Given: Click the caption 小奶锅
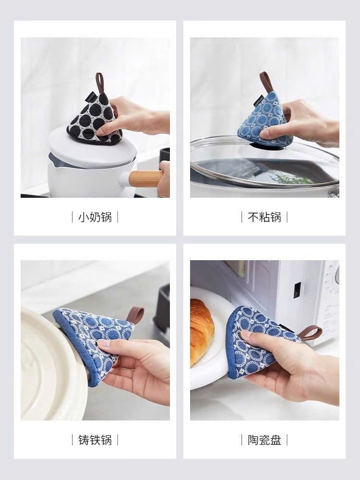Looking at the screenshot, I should [x=95, y=217].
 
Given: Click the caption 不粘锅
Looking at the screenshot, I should [x=264, y=217].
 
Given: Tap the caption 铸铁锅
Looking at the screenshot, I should [x=95, y=440].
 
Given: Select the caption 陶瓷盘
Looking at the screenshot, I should [x=264, y=440].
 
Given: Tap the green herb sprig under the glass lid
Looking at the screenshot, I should [x=293, y=180].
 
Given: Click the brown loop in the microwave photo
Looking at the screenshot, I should [x=311, y=332].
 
